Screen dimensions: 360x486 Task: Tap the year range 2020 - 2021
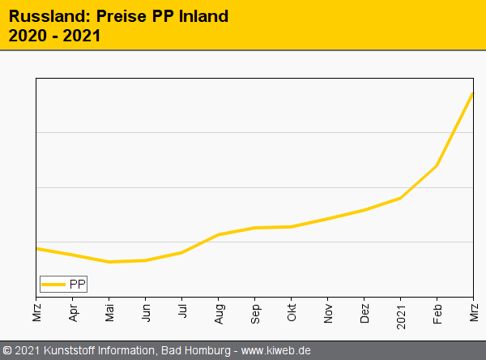pos(55,36)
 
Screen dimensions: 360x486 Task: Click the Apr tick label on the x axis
pos(73,311)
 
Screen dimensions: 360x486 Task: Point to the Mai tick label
pos(109,311)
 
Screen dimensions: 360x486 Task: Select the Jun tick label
pos(146,311)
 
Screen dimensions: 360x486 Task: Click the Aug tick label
pos(219,311)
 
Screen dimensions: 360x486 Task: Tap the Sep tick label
pos(255,311)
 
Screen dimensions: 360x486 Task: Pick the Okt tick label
pos(292,311)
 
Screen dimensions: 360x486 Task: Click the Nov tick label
pos(328,311)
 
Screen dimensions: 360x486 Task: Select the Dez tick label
pos(364,311)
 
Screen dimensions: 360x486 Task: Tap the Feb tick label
pos(437,311)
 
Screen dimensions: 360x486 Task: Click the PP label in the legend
pos(77,284)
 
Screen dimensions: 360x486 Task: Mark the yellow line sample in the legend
pos(54,285)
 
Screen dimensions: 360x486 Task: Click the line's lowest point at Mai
pos(109,262)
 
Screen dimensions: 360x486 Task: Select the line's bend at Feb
pos(437,165)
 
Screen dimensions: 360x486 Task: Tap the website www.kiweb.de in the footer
pos(276,351)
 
